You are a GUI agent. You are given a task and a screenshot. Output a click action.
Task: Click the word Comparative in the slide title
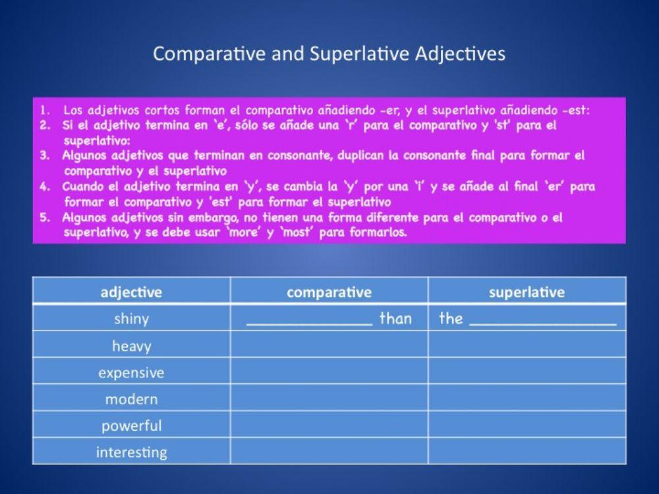210,54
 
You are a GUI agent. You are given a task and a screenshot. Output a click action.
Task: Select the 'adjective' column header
131,292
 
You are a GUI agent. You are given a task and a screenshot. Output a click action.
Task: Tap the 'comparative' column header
329,292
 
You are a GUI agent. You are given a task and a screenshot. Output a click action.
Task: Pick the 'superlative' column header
527,292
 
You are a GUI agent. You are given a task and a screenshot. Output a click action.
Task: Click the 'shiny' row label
131,319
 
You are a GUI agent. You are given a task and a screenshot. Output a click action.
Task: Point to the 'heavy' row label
131,346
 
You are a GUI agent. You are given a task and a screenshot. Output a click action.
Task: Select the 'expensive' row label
131,373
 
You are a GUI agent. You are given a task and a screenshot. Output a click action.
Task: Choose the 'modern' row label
131,399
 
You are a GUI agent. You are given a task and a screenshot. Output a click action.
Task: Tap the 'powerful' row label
131,425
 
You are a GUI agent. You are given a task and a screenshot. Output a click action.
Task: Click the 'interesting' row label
131,453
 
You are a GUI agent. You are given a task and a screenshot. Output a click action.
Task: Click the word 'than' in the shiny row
395,319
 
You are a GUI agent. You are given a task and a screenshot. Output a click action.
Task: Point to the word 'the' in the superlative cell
451,319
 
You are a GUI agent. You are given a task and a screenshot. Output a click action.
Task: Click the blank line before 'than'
309,323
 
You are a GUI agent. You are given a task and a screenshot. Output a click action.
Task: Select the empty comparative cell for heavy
329,346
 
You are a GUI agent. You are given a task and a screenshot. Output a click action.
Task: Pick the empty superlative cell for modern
527,399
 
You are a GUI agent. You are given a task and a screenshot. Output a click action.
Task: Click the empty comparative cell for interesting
329,453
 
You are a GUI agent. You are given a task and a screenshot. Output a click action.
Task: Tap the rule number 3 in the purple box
45,156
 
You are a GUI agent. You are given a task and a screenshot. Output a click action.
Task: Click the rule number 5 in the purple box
45,217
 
